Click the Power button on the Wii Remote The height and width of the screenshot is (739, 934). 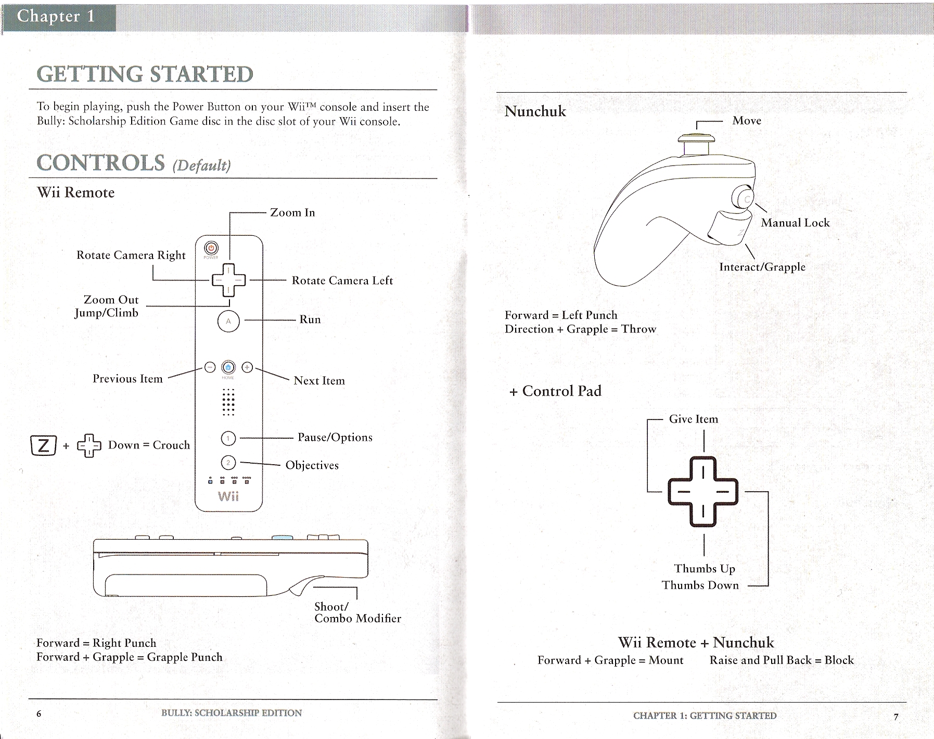211,248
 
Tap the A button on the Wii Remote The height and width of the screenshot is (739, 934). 228,321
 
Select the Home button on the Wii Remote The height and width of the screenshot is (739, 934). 228,367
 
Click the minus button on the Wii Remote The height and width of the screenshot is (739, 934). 210,367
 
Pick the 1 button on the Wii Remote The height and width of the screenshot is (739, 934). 228,439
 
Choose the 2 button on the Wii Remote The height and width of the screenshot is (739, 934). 228,462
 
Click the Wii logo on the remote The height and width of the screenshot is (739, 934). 228,496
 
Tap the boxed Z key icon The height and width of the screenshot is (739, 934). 44,445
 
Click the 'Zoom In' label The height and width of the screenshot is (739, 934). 292,212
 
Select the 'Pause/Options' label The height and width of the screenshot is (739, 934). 335,437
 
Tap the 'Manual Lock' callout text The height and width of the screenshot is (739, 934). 795,223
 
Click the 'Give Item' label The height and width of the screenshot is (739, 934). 693,419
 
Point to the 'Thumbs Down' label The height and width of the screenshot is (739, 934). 700,585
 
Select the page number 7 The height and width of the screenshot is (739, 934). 896,717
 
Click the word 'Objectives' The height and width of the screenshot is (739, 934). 312,465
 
